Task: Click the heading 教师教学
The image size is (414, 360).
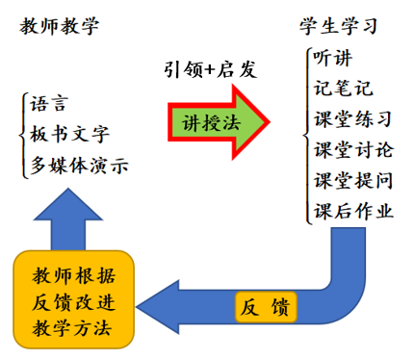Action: click(x=60, y=26)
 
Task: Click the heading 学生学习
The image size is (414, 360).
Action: click(x=338, y=26)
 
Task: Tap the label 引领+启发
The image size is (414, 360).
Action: click(x=211, y=69)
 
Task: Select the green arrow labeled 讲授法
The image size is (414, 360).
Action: click(x=219, y=122)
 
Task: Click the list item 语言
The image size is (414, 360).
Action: click(x=49, y=104)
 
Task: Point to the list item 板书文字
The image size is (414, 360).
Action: click(x=69, y=134)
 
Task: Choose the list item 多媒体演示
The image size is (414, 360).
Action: click(x=79, y=166)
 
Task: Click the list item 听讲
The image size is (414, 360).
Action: click(x=332, y=58)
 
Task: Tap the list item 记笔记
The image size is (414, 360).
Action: click(x=343, y=88)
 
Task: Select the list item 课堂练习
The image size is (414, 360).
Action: click(x=353, y=118)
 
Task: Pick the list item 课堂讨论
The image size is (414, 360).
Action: click(x=353, y=149)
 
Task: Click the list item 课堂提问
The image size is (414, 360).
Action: click(x=353, y=180)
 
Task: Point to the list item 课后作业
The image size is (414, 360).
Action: click(x=353, y=211)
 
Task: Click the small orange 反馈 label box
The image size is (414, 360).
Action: click(x=266, y=307)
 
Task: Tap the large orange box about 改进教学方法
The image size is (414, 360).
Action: click(x=73, y=299)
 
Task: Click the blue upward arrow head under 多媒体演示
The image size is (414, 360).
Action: click(x=68, y=205)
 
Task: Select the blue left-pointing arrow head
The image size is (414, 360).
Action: click(x=158, y=307)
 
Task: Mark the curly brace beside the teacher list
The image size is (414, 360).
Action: click(x=22, y=135)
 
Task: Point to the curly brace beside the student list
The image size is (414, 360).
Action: click(x=307, y=136)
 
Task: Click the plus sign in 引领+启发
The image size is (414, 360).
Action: click(x=210, y=69)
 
